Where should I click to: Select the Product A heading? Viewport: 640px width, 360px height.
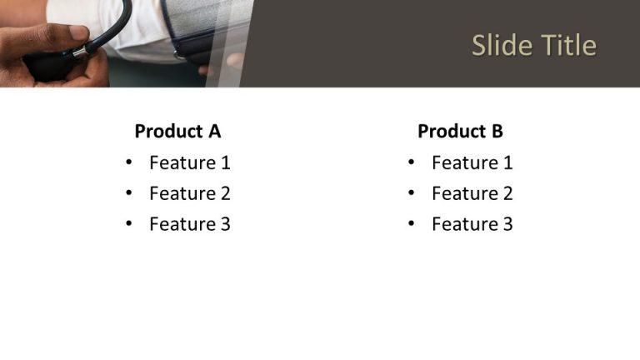pos(177,131)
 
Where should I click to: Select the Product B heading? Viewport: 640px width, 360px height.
pos(460,131)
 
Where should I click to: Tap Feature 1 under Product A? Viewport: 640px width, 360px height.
pos(189,162)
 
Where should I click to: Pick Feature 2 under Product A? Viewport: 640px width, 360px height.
pos(189,193)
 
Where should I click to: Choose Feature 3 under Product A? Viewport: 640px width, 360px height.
pos(189,223)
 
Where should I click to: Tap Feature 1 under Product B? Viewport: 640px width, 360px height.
pos(472,162)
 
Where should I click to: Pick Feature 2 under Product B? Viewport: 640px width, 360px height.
pos(472,193)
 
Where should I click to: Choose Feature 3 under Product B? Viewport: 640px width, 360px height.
pos(472,223)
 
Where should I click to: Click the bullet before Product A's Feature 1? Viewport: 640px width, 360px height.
pos(128,162)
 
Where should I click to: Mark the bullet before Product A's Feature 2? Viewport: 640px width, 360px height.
pos(128,193)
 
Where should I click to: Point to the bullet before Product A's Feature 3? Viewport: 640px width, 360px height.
pos(128,223)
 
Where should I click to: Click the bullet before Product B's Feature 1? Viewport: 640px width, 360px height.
pos(411,162)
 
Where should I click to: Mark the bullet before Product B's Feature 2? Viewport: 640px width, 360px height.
pos(411,193)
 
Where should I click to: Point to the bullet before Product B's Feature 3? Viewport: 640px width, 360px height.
pos(411,223)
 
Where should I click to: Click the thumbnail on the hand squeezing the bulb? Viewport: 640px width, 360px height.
pos(77,32)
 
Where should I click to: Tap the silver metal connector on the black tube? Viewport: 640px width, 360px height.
pos(79,52)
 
